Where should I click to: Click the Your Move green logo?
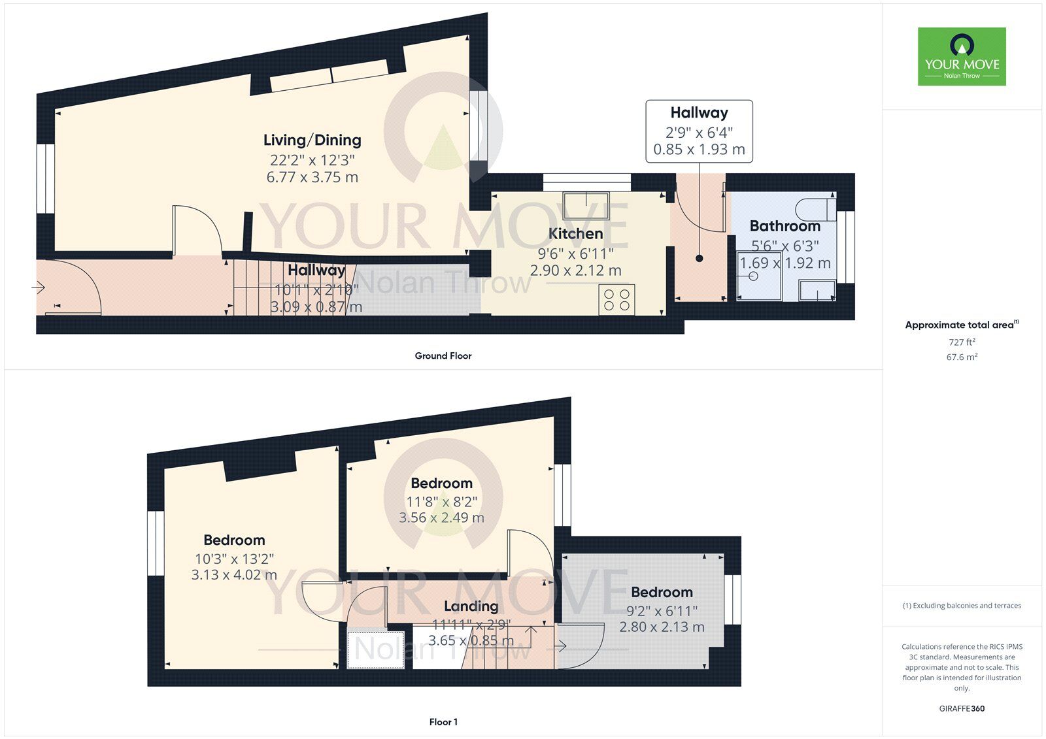(x=962, y=56)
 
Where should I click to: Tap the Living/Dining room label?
(x=312, y=140)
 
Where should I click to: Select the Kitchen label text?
(x=575, y=233)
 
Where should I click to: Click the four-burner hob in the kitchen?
(x=617, y=300)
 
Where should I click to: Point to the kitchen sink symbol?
(x=586, y=205)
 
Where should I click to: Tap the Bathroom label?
(x=785, y=226)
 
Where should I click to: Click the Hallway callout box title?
(x=699, y=112)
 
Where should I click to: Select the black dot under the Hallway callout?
(x=699, y=258)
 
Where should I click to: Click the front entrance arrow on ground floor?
(x=39, y=287)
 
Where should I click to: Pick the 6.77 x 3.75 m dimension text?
(x=312, y=177)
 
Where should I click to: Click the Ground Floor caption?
(x=443, y=355)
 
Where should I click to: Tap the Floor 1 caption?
(x=443, y=722)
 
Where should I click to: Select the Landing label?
(x=471, y=606)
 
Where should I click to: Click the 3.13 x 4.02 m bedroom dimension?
(x=234, y=575)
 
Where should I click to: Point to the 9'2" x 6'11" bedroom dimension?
(x=662, y=611)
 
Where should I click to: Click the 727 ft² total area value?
(x=962, y=342)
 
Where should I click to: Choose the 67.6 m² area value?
(x=962, y=357)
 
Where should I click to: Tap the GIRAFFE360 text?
(x=962, y=708)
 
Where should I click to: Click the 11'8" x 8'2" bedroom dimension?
(x=441, y=502)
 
